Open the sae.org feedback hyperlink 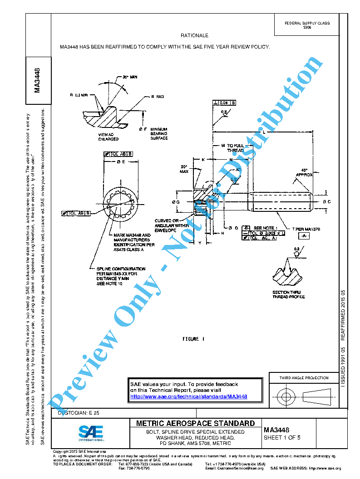188,396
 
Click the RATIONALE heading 194,35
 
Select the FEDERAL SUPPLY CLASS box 307,25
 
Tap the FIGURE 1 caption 193,339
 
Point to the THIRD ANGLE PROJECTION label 304,378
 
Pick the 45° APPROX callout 304,172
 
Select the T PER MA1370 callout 306,230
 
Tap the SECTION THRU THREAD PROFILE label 288,295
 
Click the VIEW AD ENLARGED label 108,137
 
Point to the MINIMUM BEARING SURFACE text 159,133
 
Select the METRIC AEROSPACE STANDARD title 196,423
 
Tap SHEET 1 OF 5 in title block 282,438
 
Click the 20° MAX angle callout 184,169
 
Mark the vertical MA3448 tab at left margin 38,80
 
